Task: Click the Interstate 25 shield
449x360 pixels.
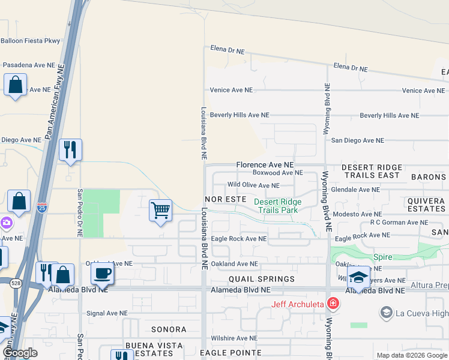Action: coord(41,208)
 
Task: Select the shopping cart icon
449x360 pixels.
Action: coord(160,211)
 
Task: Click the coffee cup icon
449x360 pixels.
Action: coord(102,274)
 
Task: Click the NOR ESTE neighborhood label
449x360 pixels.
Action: coord(226,198)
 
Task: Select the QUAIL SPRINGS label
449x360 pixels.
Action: coord(262,279)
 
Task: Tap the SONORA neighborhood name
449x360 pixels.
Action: coord(169,329)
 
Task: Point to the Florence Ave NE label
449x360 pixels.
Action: coord(265,164)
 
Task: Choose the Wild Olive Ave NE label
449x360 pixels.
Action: coord(253,185)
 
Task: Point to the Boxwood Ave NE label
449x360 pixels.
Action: coord(277,173)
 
